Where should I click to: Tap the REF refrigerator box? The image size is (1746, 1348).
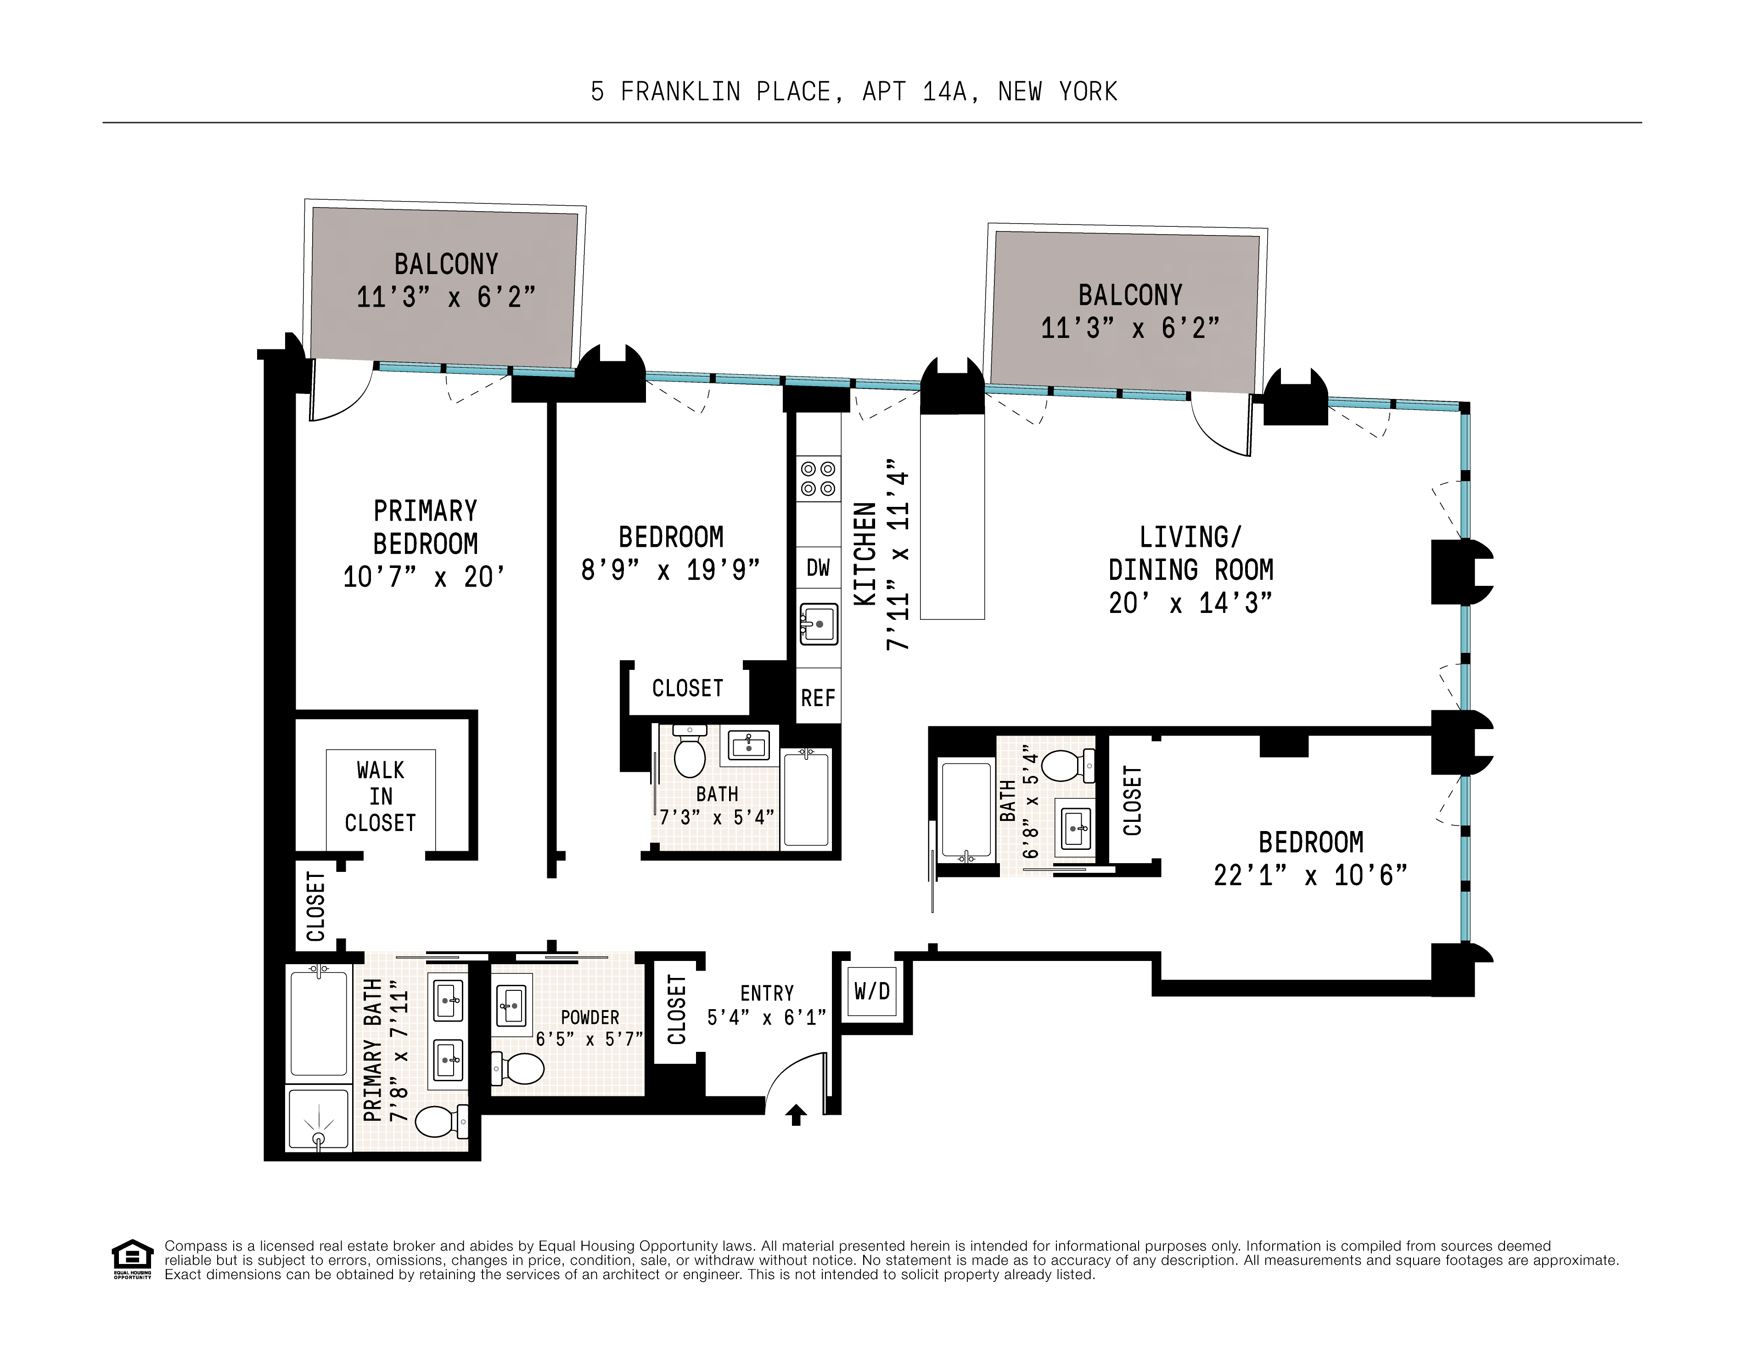(x=818, y=697)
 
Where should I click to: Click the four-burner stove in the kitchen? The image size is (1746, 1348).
(x=818, y=478)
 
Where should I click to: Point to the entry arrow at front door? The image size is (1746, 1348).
(x=796, y=1115)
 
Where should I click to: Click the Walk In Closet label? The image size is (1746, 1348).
(x=381, y=796)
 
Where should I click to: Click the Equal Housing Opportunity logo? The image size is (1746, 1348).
(x=132, y=1259)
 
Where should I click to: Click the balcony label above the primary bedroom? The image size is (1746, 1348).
(x=445, y=264)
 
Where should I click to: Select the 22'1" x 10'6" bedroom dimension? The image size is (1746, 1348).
(x=1309, y=875)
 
